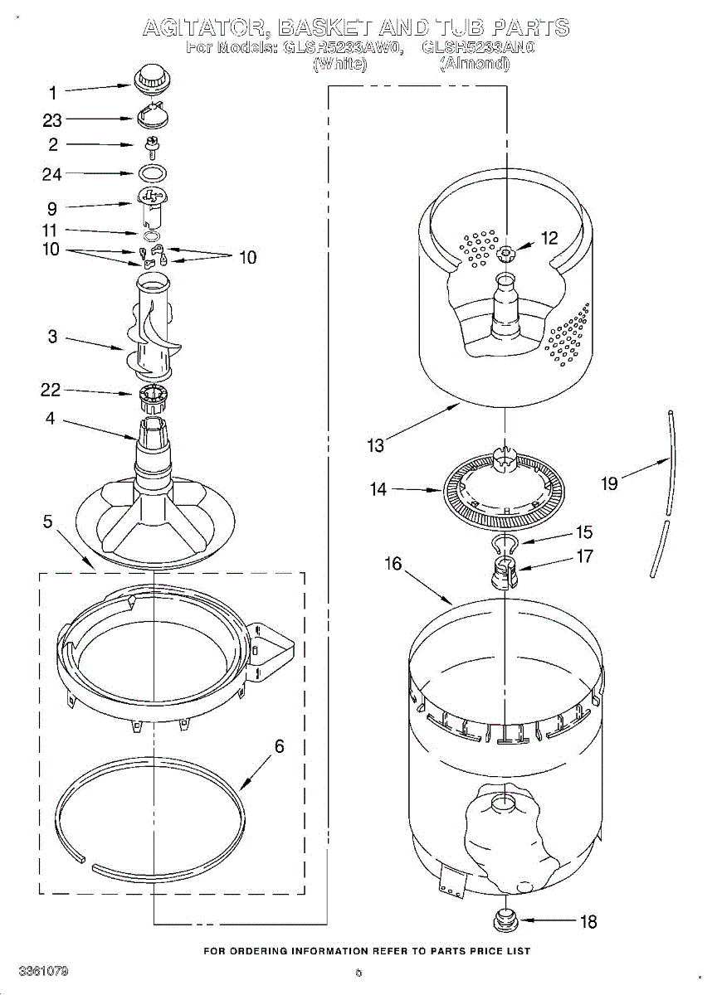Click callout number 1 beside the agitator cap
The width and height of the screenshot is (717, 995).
(53, 93)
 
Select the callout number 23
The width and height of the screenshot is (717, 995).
(52, 121)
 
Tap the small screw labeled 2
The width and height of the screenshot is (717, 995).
(152, 148)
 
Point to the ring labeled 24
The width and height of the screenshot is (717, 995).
(152, 174)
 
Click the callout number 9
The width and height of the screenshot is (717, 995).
(51, 209)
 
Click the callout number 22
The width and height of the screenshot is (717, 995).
(51, 390)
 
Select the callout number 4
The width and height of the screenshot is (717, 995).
(51, 420)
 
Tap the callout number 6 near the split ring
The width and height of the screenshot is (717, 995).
(279, 746)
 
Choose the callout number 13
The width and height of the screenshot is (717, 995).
(376, 446)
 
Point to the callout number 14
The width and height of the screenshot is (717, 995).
(378, 490)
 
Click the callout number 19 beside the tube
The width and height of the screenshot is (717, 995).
(610, 483)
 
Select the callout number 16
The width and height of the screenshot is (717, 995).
(393, 564)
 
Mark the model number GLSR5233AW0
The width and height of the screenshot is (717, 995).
(343, 47)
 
